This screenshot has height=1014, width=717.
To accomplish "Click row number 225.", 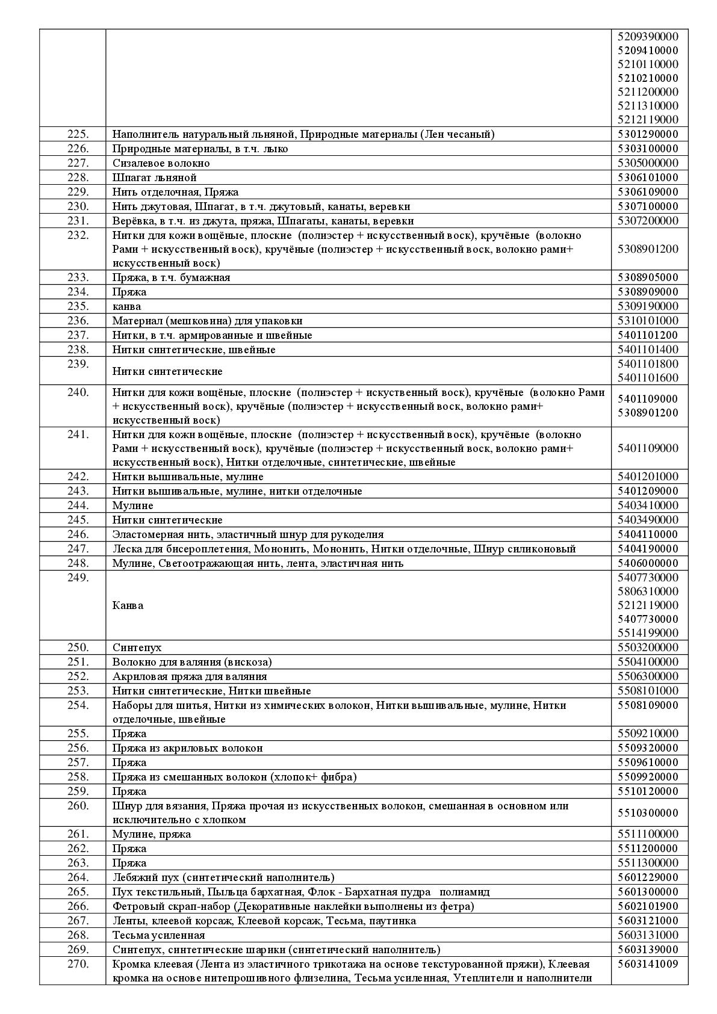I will pyautogui.click(x=78, y=134).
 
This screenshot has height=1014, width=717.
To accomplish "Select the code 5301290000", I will pyautogui.click(x=648, y=134).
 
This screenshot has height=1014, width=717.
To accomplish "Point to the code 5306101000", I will pyautogui.click(x=648, y=178).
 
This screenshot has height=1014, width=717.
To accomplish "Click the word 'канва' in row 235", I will pyautogui.click(x=126, y=306).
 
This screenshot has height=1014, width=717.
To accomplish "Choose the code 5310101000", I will pyautogui.click(x=648, y=321).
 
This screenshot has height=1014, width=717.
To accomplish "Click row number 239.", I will pyautogui.click(x=78, y=364).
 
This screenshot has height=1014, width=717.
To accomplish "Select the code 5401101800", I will pyautogui.click(x=648, y=364).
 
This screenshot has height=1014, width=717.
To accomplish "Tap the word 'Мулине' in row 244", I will pyautogui.click(x=132, y=505).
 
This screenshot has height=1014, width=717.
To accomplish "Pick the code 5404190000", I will pyautogui.click(x=648, y=549).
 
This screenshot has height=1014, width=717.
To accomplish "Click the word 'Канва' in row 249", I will pyautogui.click(x=128, y=605).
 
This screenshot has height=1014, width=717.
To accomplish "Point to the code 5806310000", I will pyautogui.click(x=648, y=592).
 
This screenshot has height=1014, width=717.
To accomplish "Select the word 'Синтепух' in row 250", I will pyautogui.click(x=137, y=648).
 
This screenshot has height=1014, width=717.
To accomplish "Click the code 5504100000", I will pyautogui.click(x=648, y=662).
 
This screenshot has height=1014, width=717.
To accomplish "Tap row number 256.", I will pyautogui.click(x=78, y=748).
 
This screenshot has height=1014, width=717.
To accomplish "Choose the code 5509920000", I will pyautogui.click(x=648, y=777).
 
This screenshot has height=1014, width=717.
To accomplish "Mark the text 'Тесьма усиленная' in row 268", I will pyautogui.click(x=158, y=935).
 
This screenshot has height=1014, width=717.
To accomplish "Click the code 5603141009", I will pyautogui.click(x=648, y=964).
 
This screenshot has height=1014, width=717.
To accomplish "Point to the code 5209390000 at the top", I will pyautogui.click(x=648, y=37).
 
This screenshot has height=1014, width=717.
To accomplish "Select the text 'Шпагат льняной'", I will pyautogui.click(x=154, y=178).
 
